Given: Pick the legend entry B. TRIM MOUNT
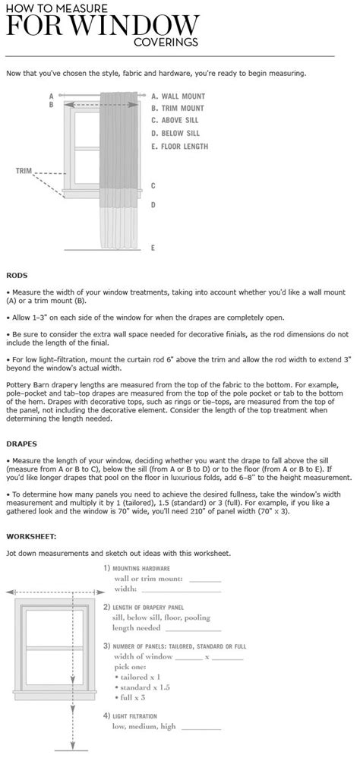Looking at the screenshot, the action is tap(178, 109).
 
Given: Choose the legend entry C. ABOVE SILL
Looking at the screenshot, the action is tap(178, 121).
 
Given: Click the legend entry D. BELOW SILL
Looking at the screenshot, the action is tap(178, 134).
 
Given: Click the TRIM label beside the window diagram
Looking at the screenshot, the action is tap(23, 171).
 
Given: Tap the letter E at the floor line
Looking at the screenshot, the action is tap(153, 248).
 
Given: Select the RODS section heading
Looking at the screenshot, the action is tap(16, 275).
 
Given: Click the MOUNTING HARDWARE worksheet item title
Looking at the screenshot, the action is tap(141, 568).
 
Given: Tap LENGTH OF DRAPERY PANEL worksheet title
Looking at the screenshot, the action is tap(153, 608).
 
